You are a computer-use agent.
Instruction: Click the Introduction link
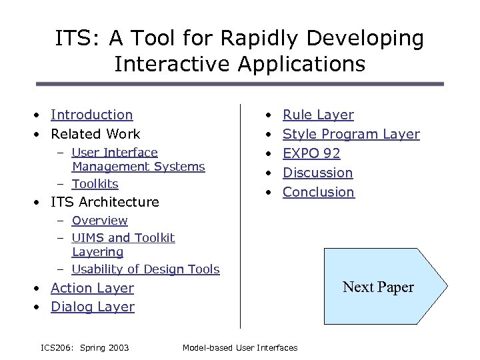coord(91,115)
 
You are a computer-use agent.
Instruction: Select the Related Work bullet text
coord(95,134)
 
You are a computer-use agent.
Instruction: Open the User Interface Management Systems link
coord(137,159)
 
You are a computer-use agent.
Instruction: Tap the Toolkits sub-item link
coord(95,184)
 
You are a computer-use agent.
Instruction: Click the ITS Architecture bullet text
coord(105,202)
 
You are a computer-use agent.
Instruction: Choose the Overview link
coord(99,221)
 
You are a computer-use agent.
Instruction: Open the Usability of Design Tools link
coord(145,269)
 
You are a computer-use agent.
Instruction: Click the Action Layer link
coord(92,288)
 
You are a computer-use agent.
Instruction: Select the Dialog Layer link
coord(93,307)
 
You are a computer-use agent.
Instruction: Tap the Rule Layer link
coord(318,115)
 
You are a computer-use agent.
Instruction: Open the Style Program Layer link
coord(351,134)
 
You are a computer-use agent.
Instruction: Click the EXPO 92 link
coord(311,153)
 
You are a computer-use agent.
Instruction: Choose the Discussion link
coord(317,173)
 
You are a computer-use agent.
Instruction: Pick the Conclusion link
coord(319,192)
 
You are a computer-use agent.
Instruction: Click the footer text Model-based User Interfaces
coord(240,347)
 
